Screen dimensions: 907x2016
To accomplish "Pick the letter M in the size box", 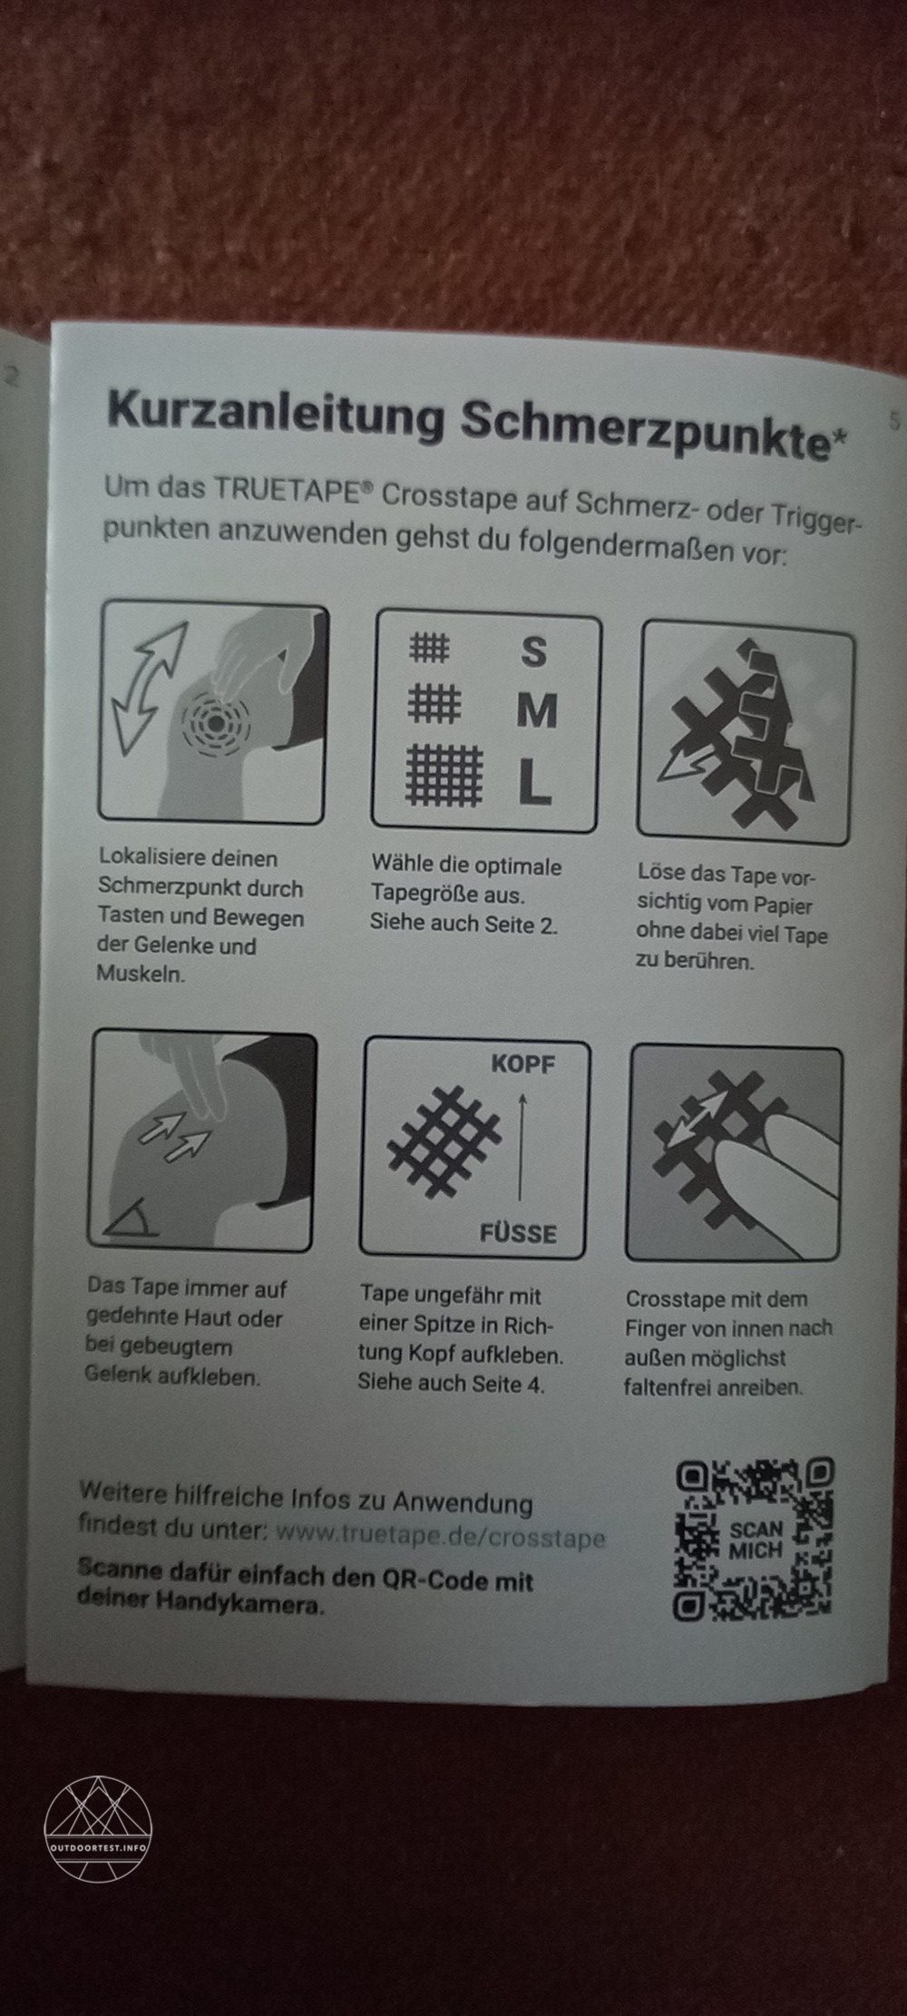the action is coord(536,711).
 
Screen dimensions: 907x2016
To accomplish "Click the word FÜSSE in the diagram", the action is coord(518,1233).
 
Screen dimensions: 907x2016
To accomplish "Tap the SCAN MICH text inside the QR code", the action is coord(755,1540).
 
